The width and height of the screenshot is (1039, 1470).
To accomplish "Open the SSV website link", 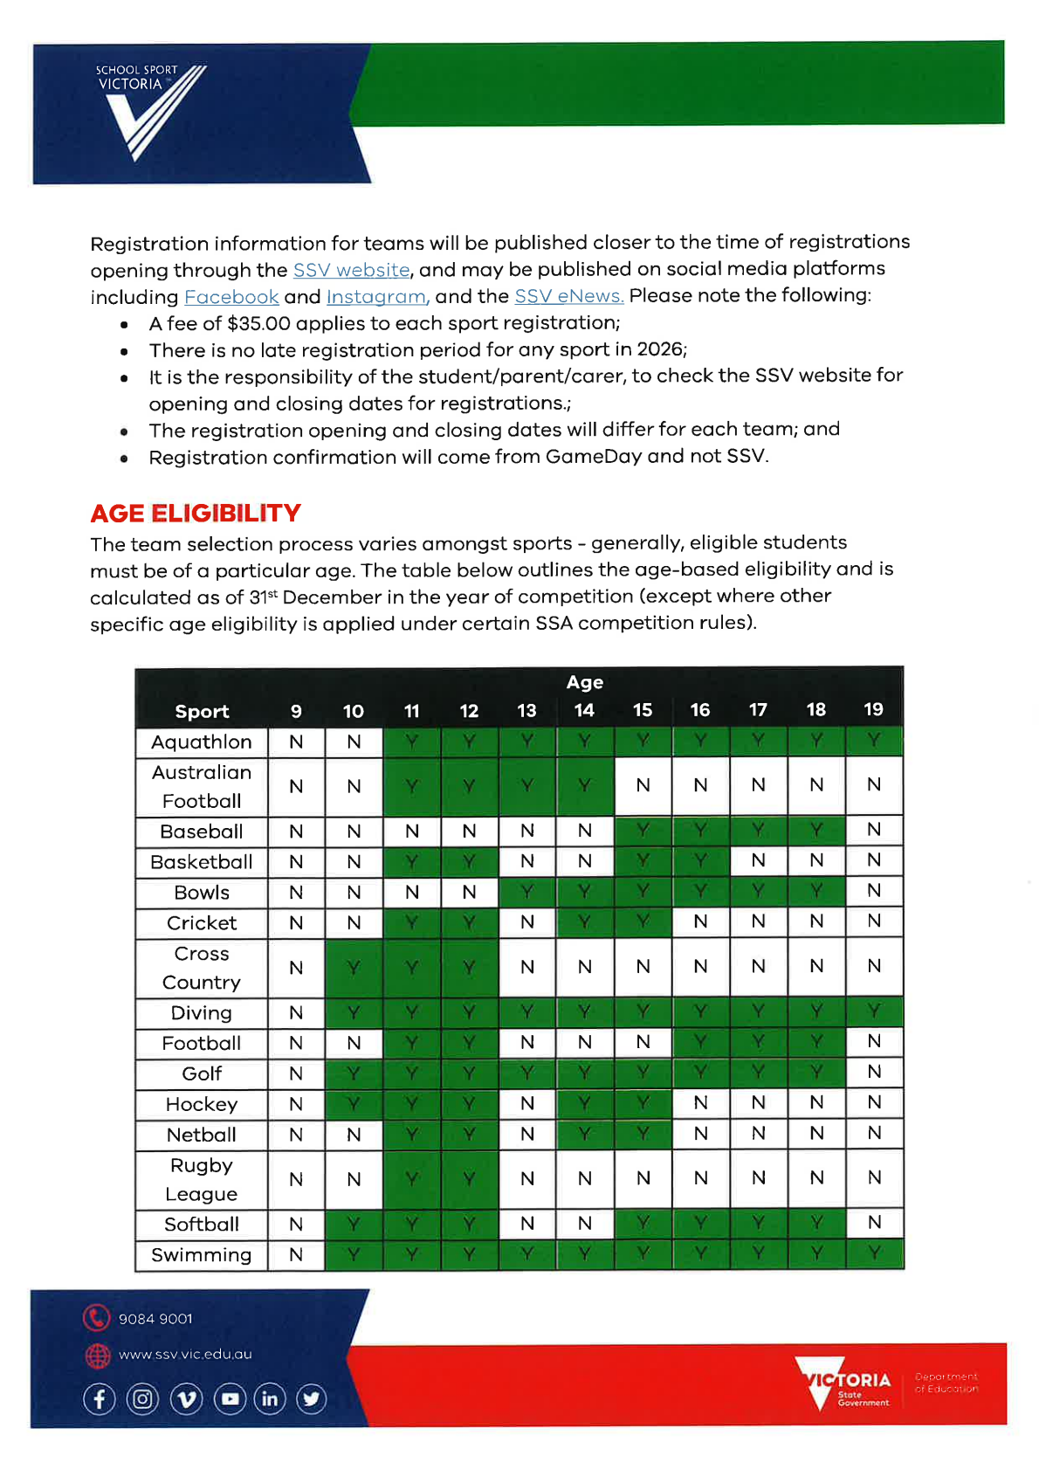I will click(351, 270).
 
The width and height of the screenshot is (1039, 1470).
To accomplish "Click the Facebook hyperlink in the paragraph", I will click(231, 297).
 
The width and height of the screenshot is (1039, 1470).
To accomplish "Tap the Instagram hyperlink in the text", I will click(376, 297).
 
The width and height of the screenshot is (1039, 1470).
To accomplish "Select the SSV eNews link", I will click(568, 296).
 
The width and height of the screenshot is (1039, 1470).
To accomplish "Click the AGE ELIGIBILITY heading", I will click(196, 513).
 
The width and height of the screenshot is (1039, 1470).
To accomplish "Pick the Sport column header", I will click(202, 711).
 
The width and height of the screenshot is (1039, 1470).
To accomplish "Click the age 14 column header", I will click(584, 710).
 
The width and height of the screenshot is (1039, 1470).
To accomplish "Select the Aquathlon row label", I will click(202, 742).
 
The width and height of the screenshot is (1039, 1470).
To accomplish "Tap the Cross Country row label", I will click(202, 968).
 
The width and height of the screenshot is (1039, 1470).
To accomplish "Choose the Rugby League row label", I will click(202, 1179).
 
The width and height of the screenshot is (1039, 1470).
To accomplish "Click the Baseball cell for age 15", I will click(643, 830).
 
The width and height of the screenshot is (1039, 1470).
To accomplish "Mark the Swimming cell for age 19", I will click(874, 1253).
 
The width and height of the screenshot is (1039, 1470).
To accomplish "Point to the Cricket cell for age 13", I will click(527, 921).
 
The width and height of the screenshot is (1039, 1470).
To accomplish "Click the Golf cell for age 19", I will click(874, 1072).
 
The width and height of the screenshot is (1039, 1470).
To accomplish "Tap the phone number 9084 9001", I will click(155, 1318).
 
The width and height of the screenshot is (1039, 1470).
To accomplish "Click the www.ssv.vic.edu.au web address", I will click(185, 1354).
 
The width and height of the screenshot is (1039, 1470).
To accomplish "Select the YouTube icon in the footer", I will click(230, 1398).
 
